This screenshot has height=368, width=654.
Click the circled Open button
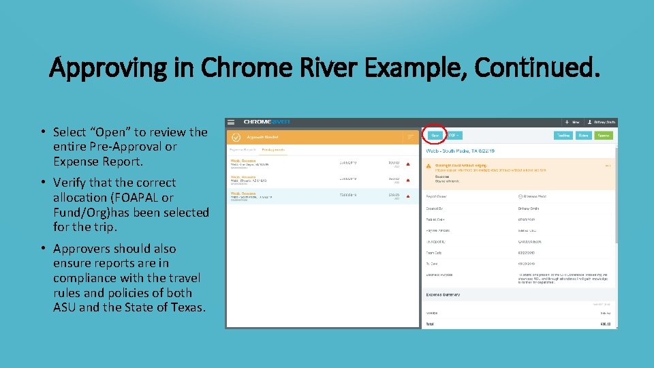point(434,136)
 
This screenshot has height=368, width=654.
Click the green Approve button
point(604,136)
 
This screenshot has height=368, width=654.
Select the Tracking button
point(563,136)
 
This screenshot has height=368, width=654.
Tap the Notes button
point(584,136)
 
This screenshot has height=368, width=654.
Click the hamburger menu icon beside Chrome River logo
point(232,122)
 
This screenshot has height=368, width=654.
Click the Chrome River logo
point(266,122)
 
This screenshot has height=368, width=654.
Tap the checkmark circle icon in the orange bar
point(236,137)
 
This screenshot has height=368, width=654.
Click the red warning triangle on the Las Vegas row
point(407,164)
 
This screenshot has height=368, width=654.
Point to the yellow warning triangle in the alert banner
point(428,165)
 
